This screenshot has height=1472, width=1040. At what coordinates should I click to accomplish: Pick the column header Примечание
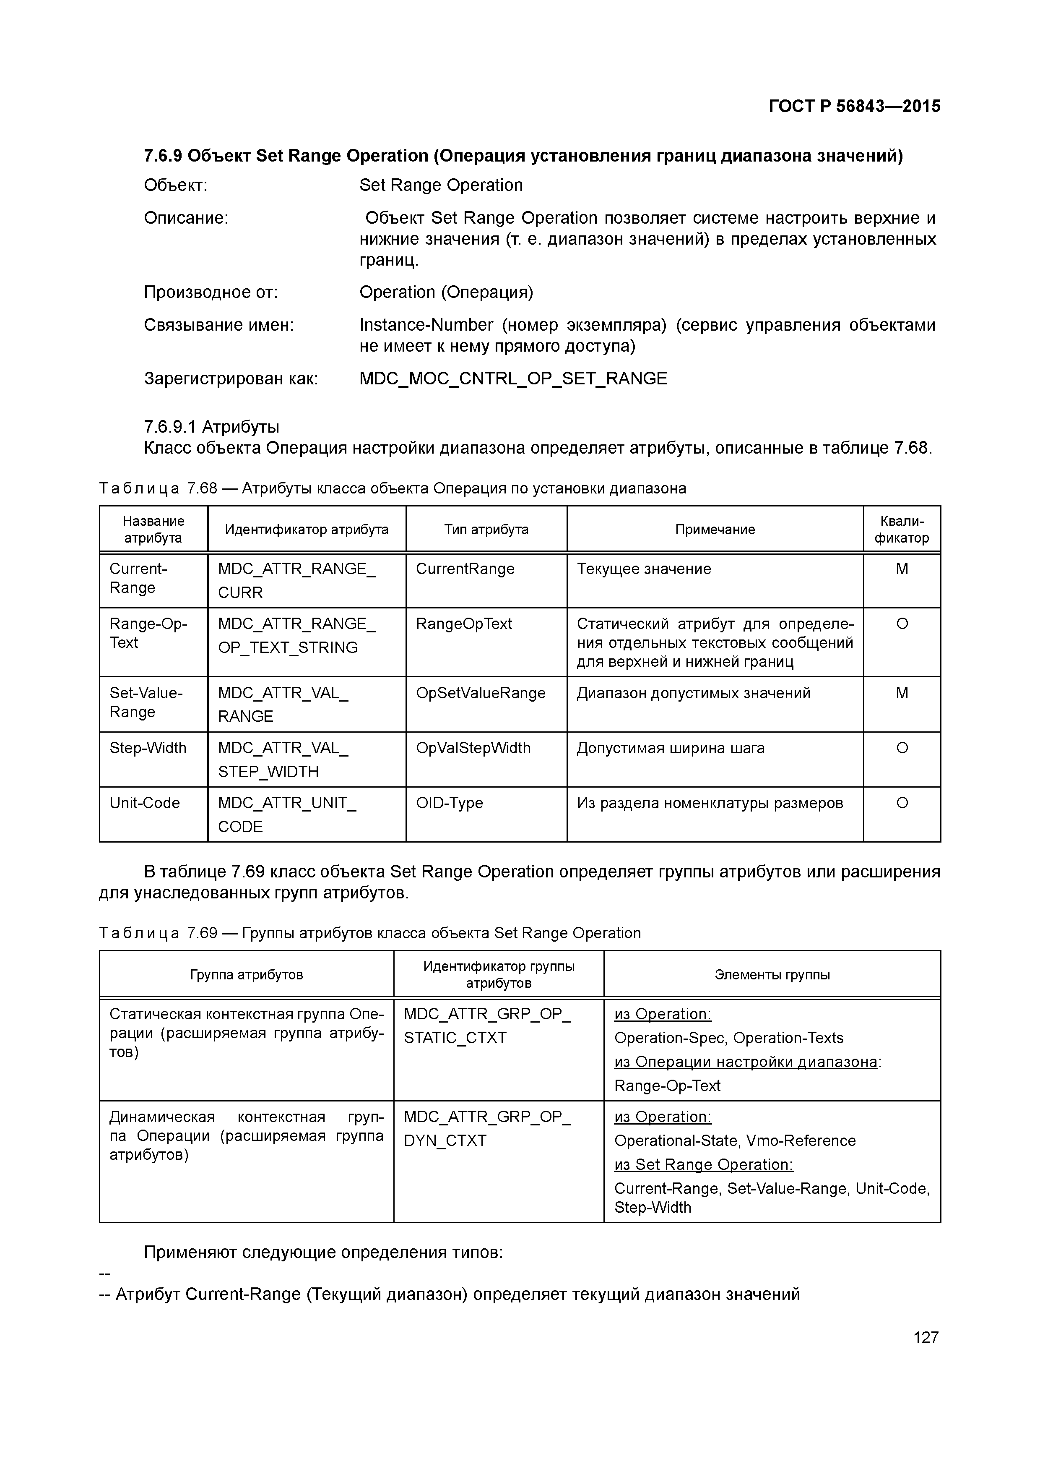(x=715, y=530)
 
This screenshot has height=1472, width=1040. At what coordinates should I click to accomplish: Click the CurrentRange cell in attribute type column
(x=465, y=569)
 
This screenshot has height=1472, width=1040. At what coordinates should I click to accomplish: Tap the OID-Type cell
(x=449, y=803)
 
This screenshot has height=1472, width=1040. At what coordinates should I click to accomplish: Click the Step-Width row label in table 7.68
(x=148, y=748)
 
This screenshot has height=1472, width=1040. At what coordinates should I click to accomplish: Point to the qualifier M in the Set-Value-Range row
(x=902, y=693)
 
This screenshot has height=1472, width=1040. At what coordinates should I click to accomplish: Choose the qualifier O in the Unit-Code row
(x=902, y=803)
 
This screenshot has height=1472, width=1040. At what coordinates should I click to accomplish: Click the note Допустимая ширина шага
(x=670, y=748)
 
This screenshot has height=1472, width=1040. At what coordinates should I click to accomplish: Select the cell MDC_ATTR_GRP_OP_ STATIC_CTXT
(x=486, y=1026)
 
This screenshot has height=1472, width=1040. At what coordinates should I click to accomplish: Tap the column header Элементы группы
(x=772, y=975)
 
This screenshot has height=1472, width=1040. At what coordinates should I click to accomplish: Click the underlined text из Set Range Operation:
(x=703, y=1165)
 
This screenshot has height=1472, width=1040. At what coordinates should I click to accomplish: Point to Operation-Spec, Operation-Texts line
(x=728, y=1038)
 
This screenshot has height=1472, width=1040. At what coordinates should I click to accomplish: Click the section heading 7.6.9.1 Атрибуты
(x=211, y=427)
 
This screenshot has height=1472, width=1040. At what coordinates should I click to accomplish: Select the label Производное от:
(x=211, y=293)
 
